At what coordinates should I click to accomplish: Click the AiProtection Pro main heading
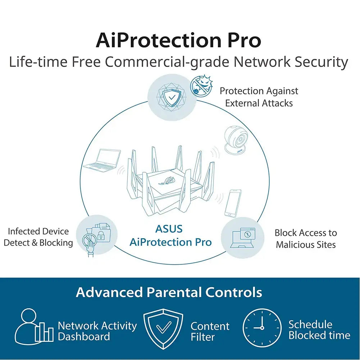178,40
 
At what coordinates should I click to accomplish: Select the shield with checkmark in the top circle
172,97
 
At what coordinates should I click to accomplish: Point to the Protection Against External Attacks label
259,97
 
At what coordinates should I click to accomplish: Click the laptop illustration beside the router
102,160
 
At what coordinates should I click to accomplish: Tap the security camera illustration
236,140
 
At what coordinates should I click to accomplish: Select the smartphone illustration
233,203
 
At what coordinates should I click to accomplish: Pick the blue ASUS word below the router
169,229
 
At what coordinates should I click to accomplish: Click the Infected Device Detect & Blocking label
38,237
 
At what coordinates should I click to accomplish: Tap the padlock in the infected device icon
100,235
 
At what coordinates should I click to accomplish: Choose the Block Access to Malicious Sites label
306,238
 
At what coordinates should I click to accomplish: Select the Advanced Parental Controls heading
169,292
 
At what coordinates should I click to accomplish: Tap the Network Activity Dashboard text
97,331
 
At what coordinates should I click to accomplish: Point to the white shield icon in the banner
163,329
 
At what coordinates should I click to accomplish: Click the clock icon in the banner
262,328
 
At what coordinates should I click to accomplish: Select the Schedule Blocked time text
319,330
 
